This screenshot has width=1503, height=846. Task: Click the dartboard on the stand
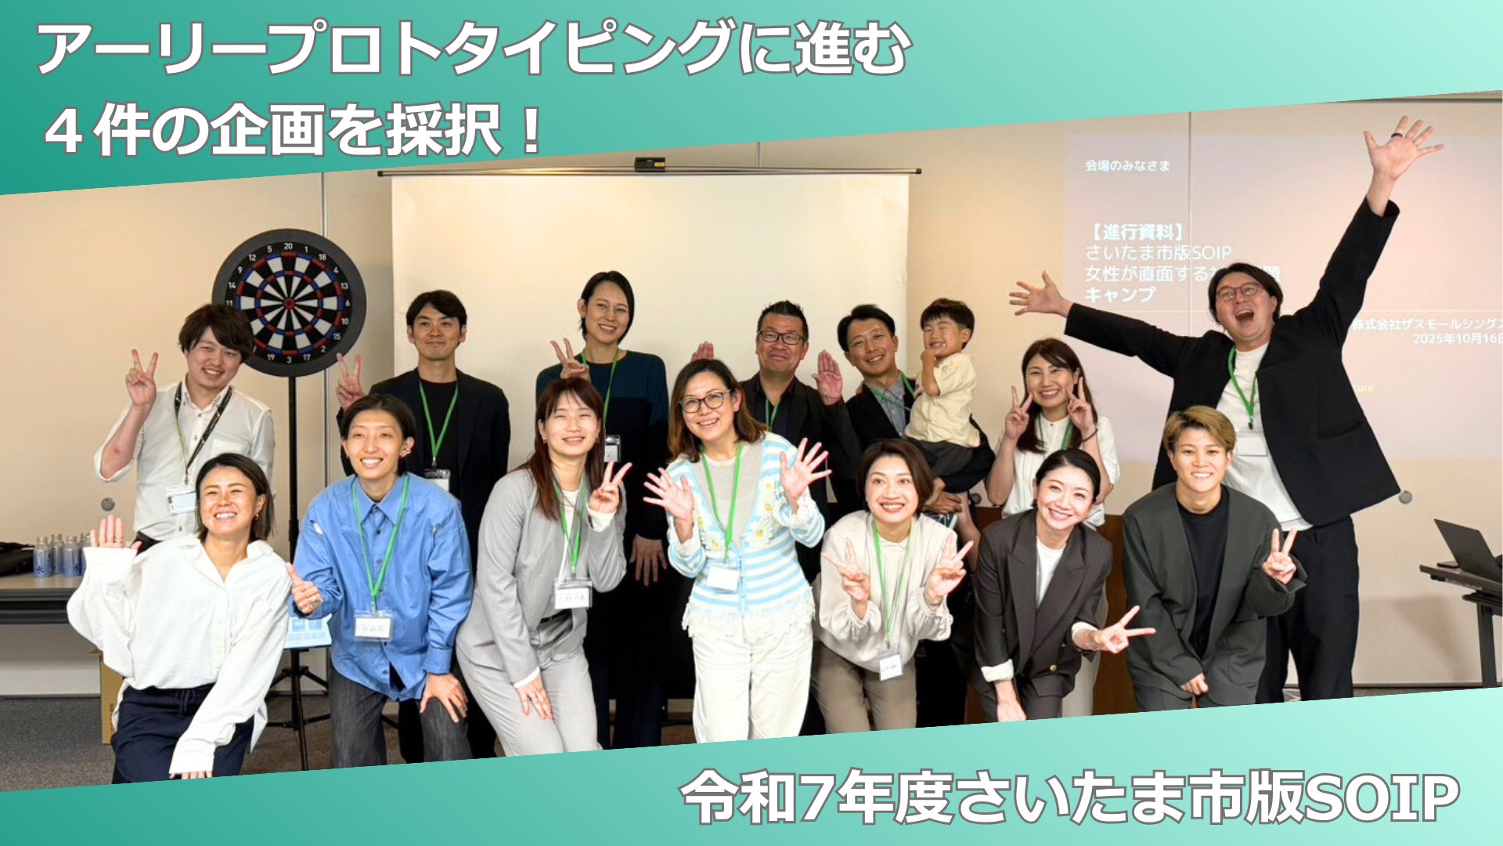click(289, 302)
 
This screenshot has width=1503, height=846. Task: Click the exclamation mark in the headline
click(531, 131)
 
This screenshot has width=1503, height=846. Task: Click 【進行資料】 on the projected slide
click(1134, 232)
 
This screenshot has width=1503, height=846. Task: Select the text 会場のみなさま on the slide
click(1127, 165)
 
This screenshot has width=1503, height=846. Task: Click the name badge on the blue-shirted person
click(373, 626)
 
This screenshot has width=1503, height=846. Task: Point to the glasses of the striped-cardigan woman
click(704, 403)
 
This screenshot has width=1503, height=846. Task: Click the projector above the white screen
click(649, 164)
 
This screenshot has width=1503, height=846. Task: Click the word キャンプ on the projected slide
click(1119, 295)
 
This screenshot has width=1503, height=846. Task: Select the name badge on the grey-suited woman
click(573, 595)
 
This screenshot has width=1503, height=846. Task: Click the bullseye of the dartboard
click(289, 302)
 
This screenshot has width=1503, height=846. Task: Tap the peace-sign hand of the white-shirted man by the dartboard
click(142, 379)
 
